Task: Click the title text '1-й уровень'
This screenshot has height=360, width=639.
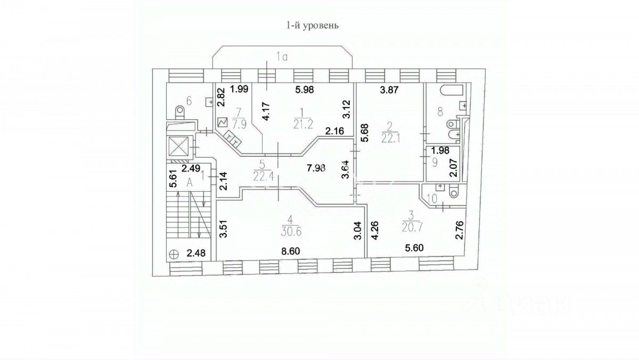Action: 313,26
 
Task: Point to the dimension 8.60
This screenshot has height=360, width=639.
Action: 290,251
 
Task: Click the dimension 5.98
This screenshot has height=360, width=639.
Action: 305,89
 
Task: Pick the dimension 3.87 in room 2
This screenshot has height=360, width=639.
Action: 389,90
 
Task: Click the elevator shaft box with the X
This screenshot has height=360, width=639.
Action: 178,146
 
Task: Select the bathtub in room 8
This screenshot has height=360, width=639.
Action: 453,91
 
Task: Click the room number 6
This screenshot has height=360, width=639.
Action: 189,101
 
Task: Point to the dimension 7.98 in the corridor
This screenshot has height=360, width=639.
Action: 316,168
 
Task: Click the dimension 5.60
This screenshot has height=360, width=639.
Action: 414,248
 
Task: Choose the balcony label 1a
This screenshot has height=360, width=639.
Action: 282,58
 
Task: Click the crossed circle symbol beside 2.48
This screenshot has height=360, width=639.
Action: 174,253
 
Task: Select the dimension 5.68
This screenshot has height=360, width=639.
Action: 364,133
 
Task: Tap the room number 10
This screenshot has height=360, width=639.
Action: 432,199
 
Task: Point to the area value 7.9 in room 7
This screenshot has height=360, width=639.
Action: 239,125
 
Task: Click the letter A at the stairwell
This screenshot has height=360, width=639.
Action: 190,183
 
